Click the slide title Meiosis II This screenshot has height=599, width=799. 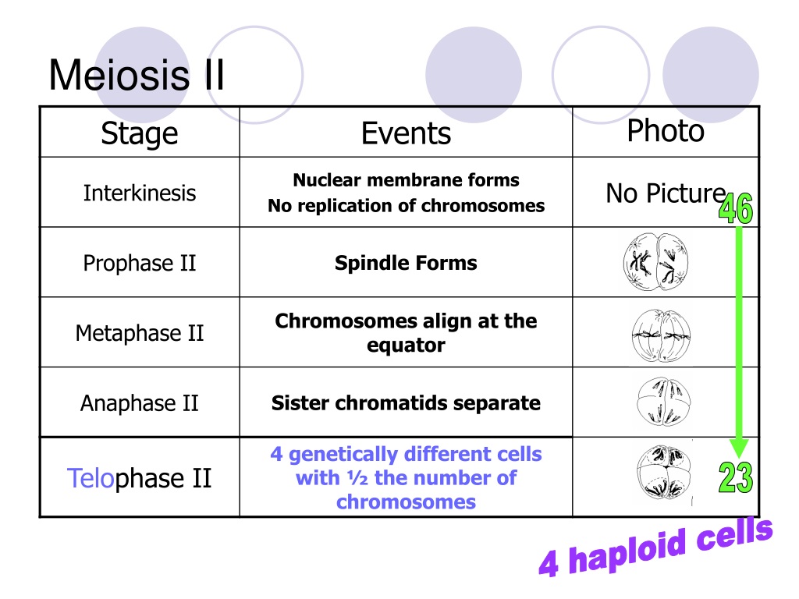(137, 76)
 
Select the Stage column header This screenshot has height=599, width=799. (140, 133)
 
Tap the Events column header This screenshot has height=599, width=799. (406, 133)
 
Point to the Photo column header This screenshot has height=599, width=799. (666, 130)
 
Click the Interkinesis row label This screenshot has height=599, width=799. (140, 193)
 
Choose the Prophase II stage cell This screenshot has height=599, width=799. (140, 264)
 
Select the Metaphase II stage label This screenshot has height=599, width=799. (140, 333)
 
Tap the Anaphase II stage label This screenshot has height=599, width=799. (140, 403)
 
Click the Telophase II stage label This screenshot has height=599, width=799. (139, 478)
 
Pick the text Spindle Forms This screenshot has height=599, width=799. (406, 263)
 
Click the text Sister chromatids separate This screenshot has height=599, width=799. (406, 403)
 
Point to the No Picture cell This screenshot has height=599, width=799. (666, 193)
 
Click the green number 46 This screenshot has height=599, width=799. (736, 208)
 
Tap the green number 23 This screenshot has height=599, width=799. (736, 477)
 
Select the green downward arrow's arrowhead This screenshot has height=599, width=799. (739, 448)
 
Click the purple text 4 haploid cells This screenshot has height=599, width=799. (655, 547)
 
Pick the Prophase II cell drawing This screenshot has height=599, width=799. (655, 262)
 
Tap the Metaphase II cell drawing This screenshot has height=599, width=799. (661, 335)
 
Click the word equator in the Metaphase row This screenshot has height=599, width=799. (406, 346)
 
